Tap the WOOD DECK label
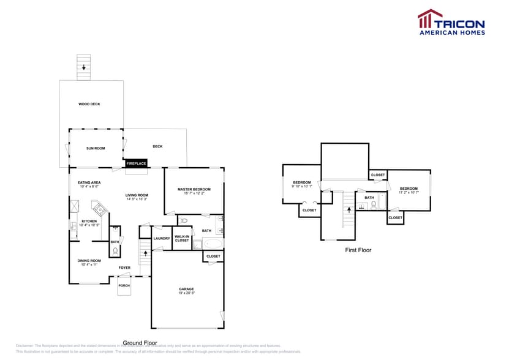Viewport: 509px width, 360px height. (x=89, y=104)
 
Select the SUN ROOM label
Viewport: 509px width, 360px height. (x=96, y=148)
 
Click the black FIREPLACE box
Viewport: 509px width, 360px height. (x=136, y=163)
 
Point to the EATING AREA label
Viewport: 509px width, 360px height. (x=89, y=182)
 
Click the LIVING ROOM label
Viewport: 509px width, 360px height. (x=137, y=195)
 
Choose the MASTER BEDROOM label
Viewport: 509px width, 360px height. (x=194, y=189)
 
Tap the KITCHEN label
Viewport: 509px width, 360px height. (x=89, y=221)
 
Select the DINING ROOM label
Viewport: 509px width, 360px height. (x=89, y=261)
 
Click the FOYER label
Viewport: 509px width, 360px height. (x=124, y=268)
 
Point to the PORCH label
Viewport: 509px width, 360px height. (x=124, y=285)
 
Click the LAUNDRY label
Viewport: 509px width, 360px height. (x=162, y=238)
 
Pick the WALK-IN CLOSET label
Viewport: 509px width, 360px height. (x=182, y=238)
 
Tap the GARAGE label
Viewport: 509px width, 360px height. (x=186, y=289)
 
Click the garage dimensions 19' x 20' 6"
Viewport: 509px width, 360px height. (x=186, y=293)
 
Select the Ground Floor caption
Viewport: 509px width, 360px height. (x=140, y=343)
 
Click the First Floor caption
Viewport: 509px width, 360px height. (x=358, y=250)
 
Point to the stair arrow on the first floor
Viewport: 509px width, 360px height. (x=349, y=209)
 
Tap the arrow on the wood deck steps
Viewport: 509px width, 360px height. (x=84, y=68)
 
